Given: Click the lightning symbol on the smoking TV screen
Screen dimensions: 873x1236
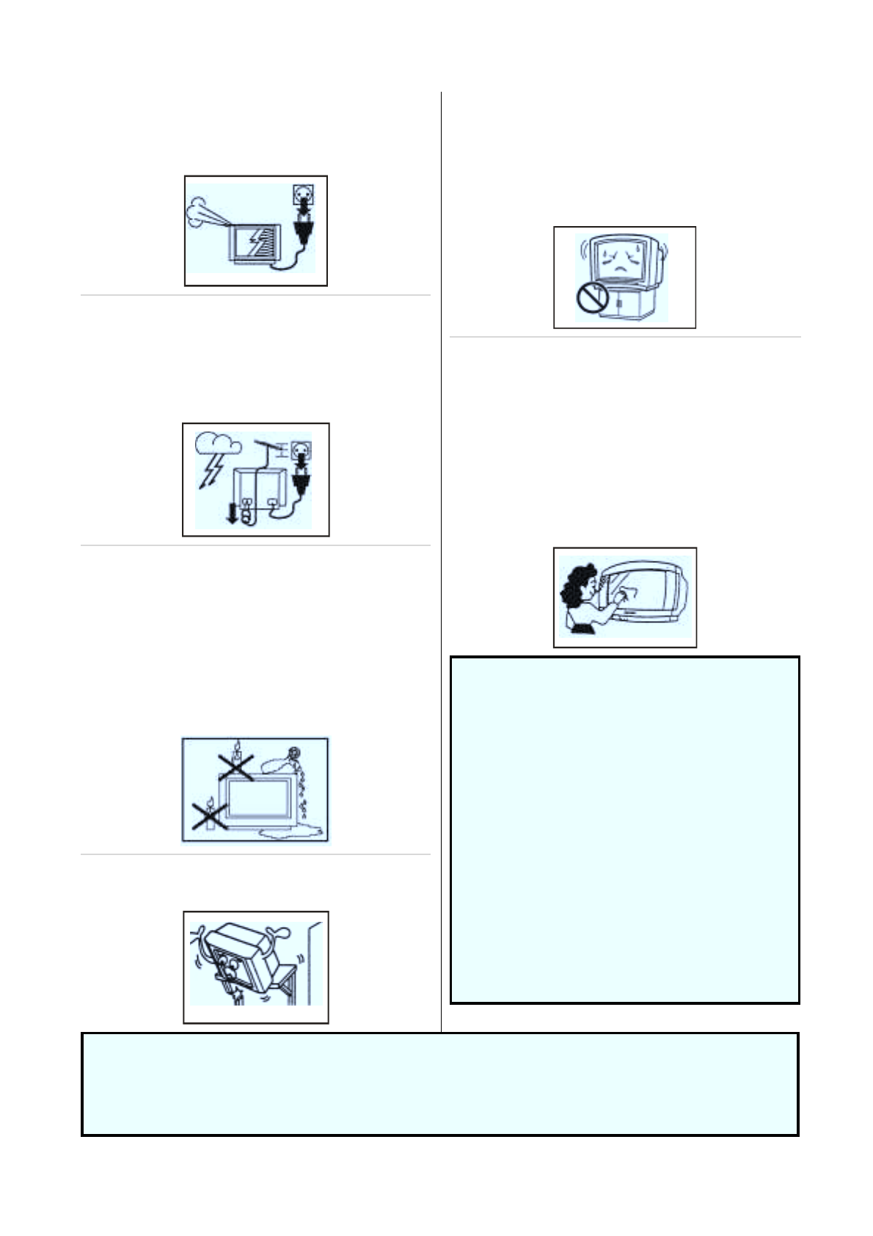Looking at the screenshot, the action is (254, 239).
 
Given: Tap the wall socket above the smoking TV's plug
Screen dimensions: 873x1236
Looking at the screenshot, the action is (302, 194).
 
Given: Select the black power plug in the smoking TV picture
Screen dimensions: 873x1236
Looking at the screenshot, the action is (302, 230).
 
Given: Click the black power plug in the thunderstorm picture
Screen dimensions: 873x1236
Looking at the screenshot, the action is (301, 481).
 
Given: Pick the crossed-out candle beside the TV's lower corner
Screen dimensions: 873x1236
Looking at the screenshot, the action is (210, 815).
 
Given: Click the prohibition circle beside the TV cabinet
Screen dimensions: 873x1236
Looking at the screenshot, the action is (591, 299).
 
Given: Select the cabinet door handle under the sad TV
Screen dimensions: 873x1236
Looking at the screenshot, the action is (619, 302).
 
